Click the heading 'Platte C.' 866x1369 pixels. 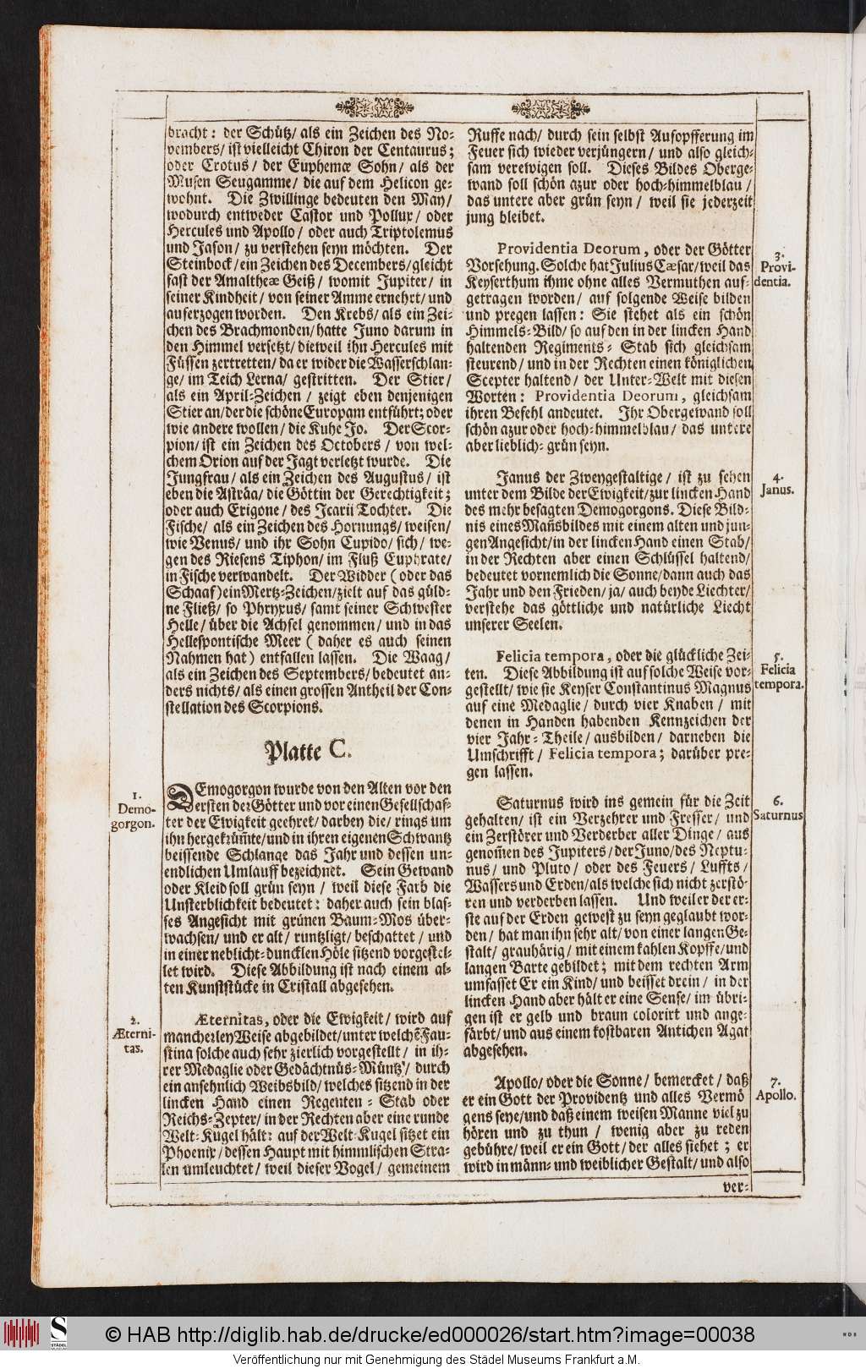(x=304, y=749)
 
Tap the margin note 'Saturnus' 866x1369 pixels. (x=779, y=809)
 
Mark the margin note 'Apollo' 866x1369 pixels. (x=777, y=1088)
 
